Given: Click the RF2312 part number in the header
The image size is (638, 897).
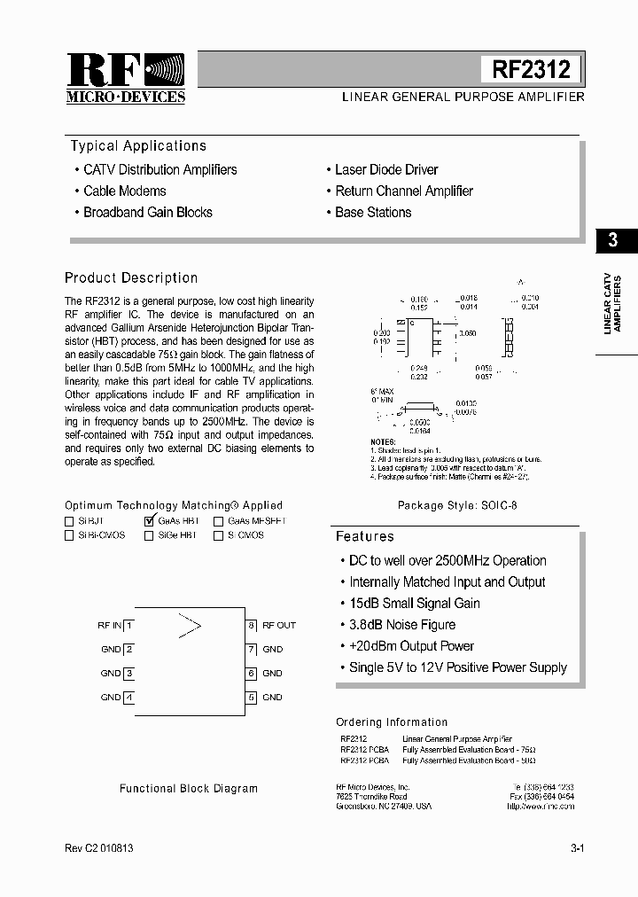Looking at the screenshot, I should point(531,69).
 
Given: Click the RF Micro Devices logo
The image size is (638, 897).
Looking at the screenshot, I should point(125,78).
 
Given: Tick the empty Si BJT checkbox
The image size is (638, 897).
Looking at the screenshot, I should point(69,522).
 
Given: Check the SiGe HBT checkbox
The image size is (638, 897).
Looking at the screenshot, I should point(149,536).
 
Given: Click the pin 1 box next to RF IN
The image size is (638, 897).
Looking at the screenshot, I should point(129,625).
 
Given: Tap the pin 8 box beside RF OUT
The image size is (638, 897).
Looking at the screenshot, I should point(252,625).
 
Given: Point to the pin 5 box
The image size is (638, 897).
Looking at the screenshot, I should point(252,698).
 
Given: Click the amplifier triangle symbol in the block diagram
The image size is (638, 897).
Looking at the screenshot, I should point(190,625).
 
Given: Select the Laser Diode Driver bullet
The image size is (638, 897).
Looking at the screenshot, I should point(386,169).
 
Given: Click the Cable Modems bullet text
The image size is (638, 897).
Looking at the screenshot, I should point(124,191).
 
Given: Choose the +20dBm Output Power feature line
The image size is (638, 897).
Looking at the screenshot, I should point(411,646).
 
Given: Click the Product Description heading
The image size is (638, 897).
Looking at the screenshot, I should point(131,277).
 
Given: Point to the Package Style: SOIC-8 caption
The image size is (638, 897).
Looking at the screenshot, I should point(457,506).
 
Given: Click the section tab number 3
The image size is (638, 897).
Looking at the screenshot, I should point(612,240).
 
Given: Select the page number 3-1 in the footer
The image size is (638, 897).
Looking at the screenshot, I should point(577,848).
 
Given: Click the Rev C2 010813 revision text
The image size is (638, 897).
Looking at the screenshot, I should point(99,848).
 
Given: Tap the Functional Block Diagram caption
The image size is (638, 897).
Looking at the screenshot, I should point(189,788).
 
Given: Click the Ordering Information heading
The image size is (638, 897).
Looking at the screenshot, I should point(392,722).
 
